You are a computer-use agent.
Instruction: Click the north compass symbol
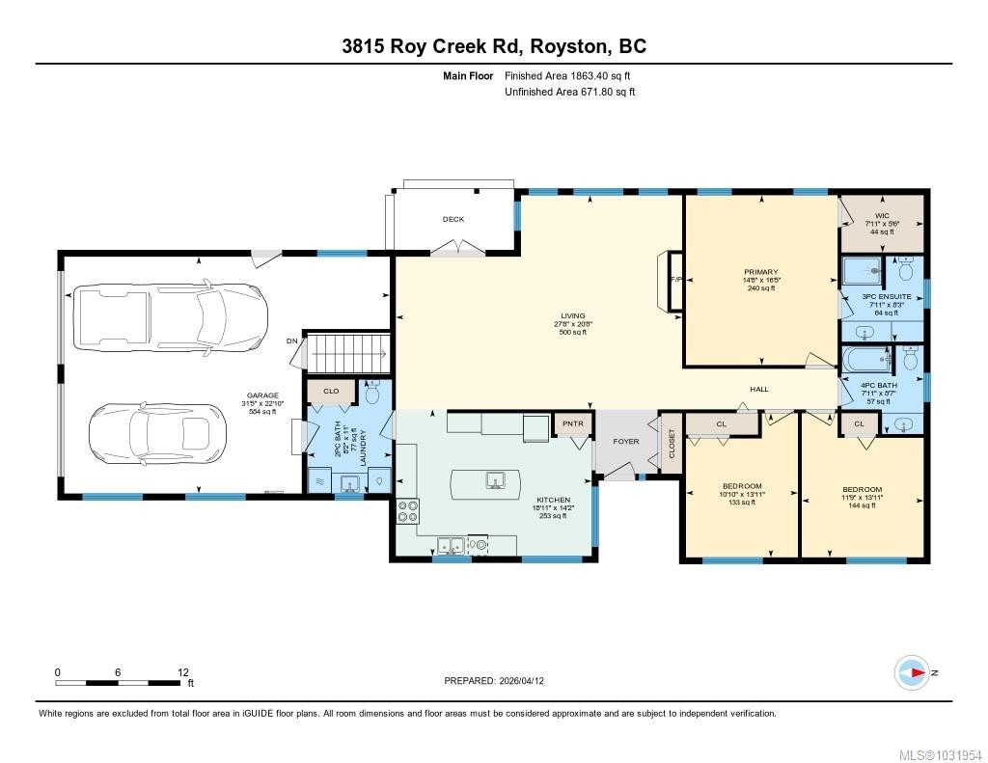tap(912, 672)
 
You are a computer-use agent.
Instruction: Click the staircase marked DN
tap(346, 352)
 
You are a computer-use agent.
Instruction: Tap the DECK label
tap(453, 219)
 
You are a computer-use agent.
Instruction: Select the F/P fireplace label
tap(675, 281)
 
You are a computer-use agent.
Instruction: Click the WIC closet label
tap(881, 215)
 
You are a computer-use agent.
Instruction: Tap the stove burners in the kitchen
tap(406, 510)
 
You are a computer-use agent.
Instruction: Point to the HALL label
tap(760, 389)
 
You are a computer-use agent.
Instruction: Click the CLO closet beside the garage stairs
tap(330, 392)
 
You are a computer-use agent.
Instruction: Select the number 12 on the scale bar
tap(183, 672)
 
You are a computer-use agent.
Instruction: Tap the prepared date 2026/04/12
tap(529, 680)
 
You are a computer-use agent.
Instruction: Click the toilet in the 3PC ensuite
tap(908, 271)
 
